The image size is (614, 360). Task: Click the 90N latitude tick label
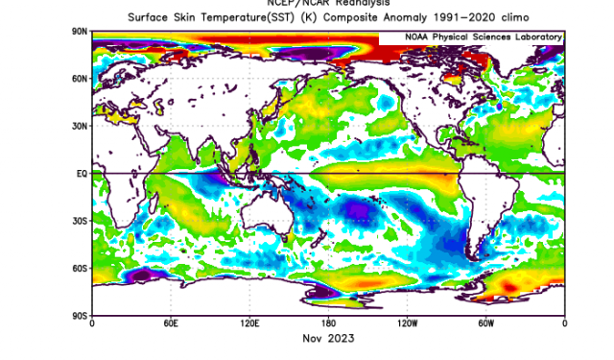point(81,32)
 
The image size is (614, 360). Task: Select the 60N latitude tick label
point(81,79)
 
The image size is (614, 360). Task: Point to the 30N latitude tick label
point(81,126)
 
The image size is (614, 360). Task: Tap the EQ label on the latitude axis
point(83,173)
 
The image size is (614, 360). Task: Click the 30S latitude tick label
point(81,220)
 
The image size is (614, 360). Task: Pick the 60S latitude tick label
point(81,268)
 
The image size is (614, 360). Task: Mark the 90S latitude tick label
point(81,315)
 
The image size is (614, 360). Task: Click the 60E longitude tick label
point(171,324)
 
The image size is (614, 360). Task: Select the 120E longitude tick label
point(249,324)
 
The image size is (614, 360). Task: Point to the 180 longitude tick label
point(328,324)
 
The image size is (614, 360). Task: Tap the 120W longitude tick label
point(407,324)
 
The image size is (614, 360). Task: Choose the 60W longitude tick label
point(486,324)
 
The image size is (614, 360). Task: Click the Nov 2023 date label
point(328,339)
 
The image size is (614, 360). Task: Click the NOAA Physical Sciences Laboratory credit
point(471,36)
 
